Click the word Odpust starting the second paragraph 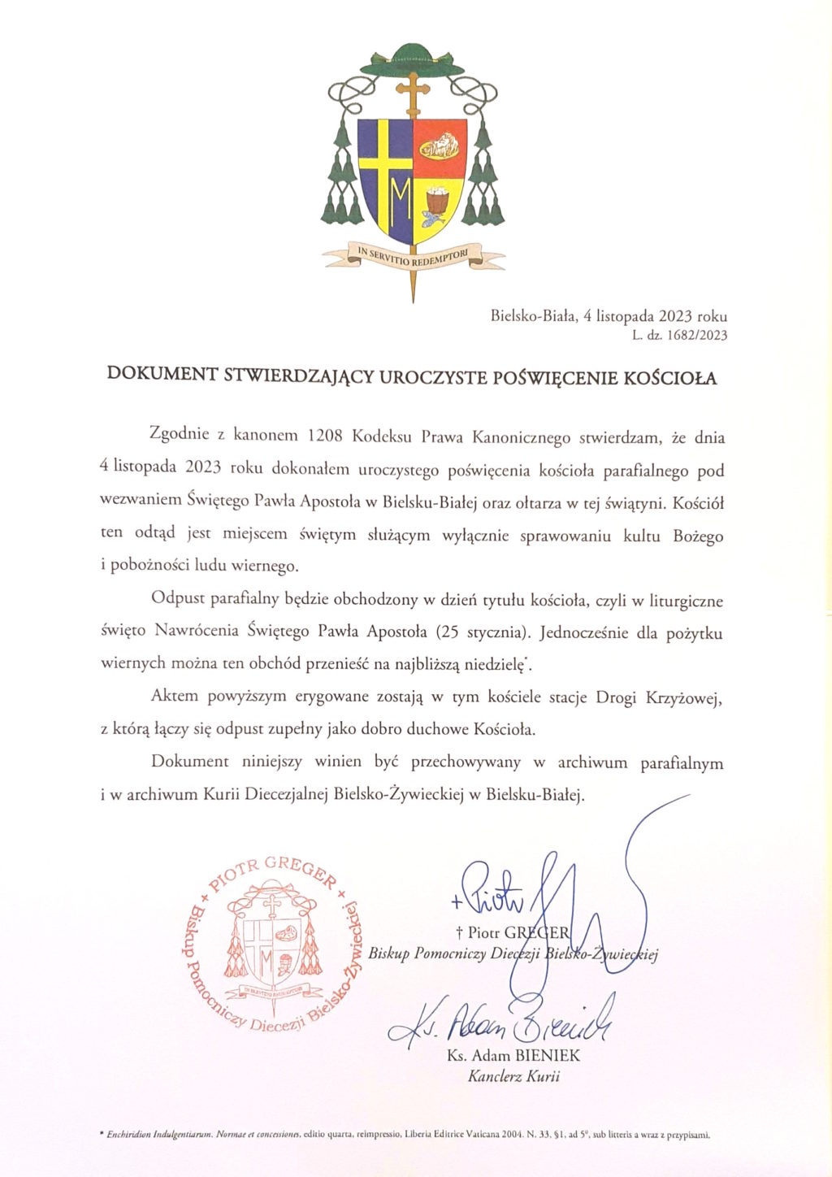(x=177, y=601)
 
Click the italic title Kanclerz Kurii (x=513, y=1077)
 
